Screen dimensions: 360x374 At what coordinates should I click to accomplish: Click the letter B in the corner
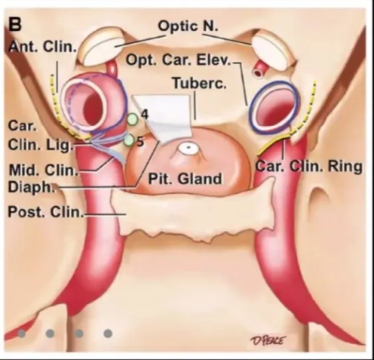click(x=15, y=23)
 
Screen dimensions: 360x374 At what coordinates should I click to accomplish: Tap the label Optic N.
click(x=185, y=26)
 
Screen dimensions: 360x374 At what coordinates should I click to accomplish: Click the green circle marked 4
click(x=133, y=118)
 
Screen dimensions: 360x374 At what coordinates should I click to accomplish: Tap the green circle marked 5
click(x=128, y=140)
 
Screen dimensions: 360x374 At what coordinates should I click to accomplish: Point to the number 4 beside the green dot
click(x=144, y=113)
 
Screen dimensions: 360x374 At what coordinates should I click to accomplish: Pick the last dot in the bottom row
click(x=108, y=332)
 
